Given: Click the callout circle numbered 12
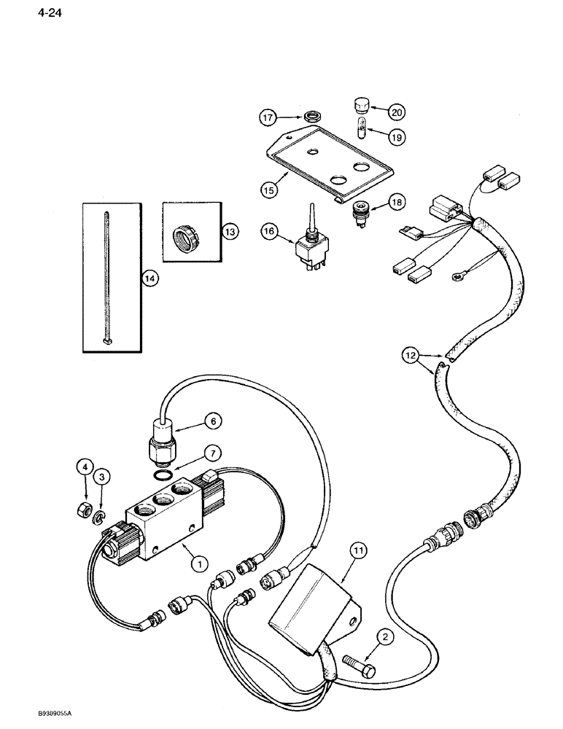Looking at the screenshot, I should point(411,356).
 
